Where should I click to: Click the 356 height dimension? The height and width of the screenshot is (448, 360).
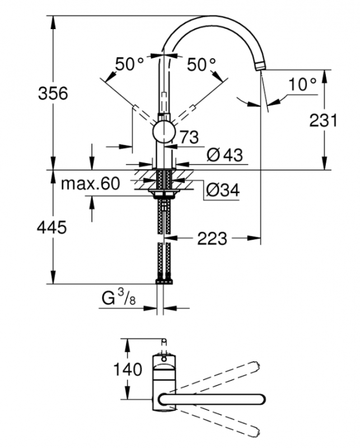53,93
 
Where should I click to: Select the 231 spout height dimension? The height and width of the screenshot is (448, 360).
323,120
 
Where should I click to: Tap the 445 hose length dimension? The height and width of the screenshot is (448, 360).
52,227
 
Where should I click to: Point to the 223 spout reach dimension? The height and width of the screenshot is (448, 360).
212,239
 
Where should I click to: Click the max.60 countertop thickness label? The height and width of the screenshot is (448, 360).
90,184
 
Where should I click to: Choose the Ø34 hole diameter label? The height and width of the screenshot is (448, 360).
223,190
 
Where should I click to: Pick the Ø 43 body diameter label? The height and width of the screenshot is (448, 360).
225,155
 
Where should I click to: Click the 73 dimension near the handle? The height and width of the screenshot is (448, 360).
189,137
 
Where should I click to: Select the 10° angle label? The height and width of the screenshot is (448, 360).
302,85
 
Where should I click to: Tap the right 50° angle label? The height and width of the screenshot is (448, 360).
202,64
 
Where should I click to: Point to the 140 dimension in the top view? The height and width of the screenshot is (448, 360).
128,369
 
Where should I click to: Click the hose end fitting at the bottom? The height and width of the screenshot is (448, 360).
164,282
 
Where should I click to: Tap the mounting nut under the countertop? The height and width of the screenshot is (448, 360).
164,195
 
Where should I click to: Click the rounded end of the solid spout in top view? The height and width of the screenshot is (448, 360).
260,399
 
